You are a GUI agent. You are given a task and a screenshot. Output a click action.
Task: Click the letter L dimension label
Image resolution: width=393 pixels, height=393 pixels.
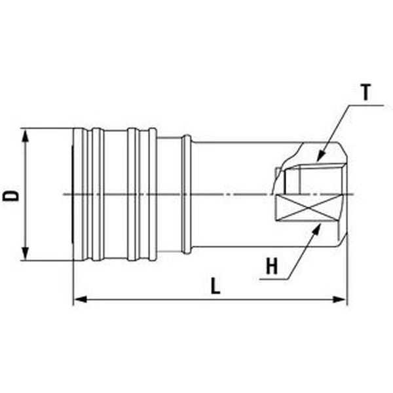[x=215, y=286]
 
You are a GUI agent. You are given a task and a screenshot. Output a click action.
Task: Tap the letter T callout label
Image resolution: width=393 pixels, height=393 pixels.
[x=365, y=92]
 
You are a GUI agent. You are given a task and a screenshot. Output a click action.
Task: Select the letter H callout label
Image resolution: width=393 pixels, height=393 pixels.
[x=272, y=267]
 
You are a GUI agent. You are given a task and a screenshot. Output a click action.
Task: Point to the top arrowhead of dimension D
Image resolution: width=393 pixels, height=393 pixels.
[x=25, y=135]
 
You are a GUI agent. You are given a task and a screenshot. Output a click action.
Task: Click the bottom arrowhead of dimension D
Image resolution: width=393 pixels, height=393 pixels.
[x=25, y=253]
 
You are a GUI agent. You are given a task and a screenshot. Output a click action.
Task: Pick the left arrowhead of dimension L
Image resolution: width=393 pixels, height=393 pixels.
[x=81, y=299]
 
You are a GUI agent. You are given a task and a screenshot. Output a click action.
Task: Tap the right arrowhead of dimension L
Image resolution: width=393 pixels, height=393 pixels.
[x=339, y=299]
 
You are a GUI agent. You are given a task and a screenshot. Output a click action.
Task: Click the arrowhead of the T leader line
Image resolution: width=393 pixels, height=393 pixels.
[x=320, y=156]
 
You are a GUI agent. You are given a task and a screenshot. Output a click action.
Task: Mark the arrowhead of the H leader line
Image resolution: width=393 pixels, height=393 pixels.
[x=317, y=229]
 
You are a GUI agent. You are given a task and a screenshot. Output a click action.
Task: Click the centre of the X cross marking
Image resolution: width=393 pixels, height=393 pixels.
[x=308, y=207]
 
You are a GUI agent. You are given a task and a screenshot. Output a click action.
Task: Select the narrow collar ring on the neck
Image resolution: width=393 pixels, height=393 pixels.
[x=187, y=195]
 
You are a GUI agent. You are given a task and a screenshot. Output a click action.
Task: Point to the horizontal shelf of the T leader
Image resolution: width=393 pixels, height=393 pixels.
[x=366, y=105]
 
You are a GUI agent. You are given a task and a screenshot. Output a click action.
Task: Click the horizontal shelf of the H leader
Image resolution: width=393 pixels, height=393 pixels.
[x=274, y=279]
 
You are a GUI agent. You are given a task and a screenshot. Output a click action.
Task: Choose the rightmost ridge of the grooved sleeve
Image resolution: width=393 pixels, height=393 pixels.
[x=153, y=195]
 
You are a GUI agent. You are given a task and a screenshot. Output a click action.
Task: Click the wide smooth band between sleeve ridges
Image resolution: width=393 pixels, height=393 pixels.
[x=115, y=195]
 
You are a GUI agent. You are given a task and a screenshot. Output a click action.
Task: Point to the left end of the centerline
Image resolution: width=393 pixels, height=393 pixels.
[x=64, y=195]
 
